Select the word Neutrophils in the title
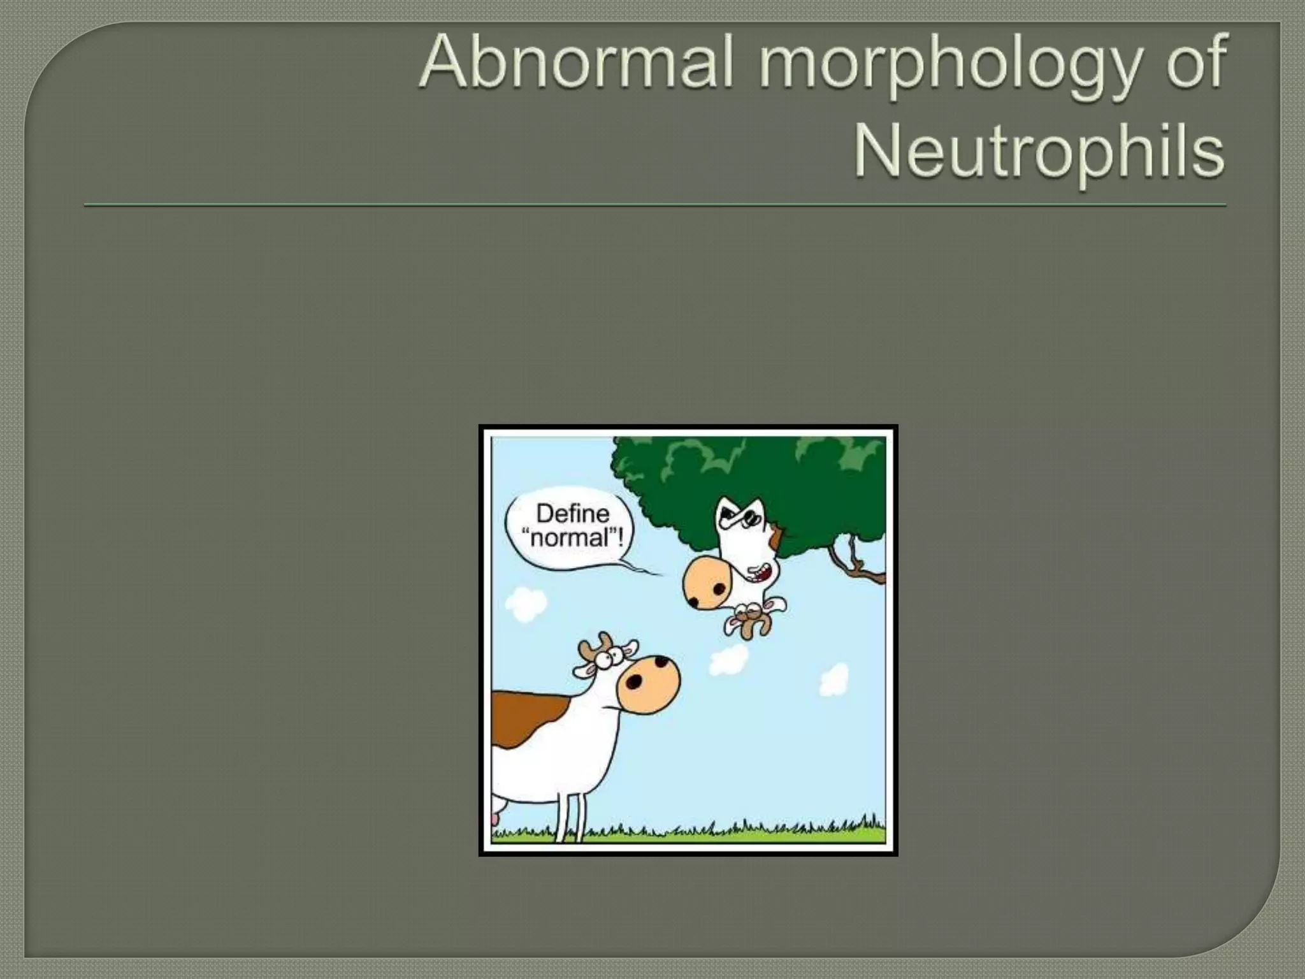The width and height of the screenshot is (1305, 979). pos(1039,153)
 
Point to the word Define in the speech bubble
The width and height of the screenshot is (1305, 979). pos(572,513)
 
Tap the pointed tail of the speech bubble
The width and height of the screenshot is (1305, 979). pos(644,569)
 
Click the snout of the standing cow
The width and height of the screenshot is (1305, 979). pos(647,683)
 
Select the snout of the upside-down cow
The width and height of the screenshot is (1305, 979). pos(707,582)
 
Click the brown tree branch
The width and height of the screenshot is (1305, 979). pos(857,564)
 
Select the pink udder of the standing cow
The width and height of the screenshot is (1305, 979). pos(494,821)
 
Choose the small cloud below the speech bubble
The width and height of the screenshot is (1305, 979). pos(526,604)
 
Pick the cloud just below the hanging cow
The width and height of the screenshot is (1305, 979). pos(730,660)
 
